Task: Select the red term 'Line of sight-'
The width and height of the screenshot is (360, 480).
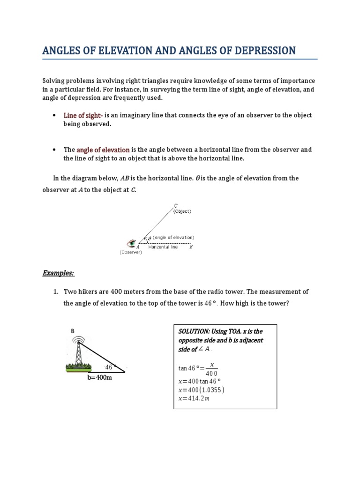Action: pos(82,115)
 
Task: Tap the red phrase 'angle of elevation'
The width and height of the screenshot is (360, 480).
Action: pos(103,150)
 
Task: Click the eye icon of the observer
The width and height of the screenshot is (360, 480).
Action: pos(132,243)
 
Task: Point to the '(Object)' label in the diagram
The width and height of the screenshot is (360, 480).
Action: pos(182,211)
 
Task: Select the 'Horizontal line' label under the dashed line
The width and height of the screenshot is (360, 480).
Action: pos(163,247)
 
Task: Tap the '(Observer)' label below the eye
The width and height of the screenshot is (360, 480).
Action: pos(131,252)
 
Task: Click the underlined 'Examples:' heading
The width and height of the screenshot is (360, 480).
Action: pos(59,273)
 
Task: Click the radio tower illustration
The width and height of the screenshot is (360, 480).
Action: pos(78,351)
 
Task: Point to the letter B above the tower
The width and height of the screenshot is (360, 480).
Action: pos(73,330)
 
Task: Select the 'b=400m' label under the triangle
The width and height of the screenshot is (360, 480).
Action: pos(99,377)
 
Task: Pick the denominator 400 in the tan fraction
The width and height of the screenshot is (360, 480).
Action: pos(212,373)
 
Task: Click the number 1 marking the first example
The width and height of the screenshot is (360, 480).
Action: pos(55,292)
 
